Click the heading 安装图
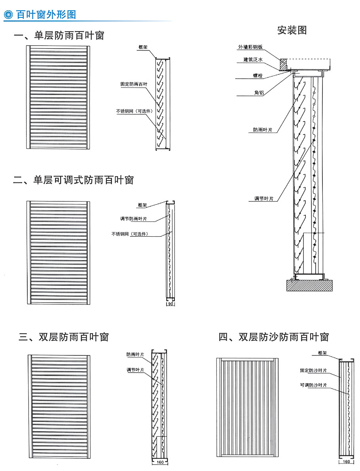coord(292,30)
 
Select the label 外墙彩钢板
coord(250,47)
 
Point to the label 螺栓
coord(259,75)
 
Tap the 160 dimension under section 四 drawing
coord(346,462)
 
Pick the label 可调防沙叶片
coord(313,385)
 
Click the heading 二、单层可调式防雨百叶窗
coord(74,180)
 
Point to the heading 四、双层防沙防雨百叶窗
coord(274,337)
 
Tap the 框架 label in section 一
coord(143,47)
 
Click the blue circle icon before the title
coord(9,15)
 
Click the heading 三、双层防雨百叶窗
coord(63,337)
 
